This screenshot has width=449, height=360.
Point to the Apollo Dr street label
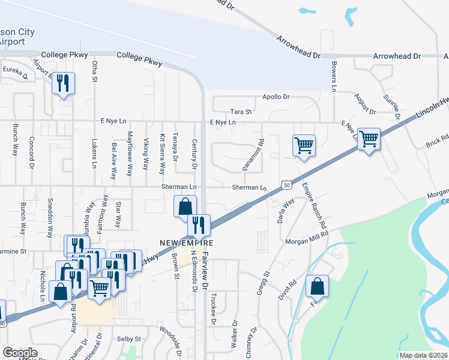point(276,97)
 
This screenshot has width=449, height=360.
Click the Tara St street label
point(241,112)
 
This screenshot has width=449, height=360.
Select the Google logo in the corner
point(20,353)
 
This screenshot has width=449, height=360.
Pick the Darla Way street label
point(286,211)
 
